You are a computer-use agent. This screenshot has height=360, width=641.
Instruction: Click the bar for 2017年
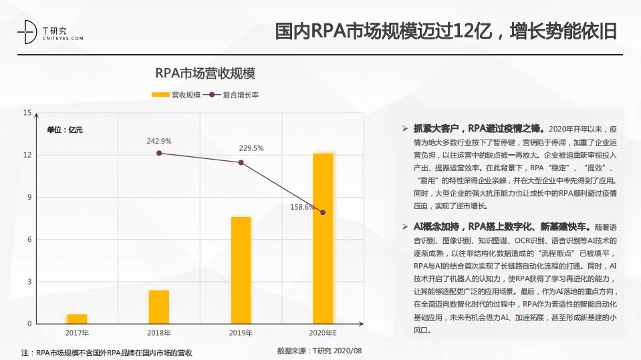[x=77, y=319]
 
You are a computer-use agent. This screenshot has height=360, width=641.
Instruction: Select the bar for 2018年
[x=159, y=307]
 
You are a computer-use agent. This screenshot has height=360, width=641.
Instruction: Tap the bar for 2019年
[x=241, y=270]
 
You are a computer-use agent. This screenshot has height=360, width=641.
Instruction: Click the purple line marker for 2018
[x=159, y=153]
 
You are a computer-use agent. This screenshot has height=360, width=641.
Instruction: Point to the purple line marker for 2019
[x=241, y=162]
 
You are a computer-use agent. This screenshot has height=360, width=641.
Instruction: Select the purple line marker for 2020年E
[x=323, y=212]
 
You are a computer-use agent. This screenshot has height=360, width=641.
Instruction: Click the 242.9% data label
[x=159, y=141]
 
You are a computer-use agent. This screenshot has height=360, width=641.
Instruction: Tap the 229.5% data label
[x=251, y=148]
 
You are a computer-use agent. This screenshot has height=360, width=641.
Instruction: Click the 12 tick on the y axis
[x=27, y=155]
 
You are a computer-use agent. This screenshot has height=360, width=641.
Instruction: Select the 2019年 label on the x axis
[x=241, y=333]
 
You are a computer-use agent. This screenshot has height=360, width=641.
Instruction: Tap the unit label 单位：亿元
[x=65, y=130]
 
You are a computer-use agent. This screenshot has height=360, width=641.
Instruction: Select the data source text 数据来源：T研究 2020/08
[x=319, y=350]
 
